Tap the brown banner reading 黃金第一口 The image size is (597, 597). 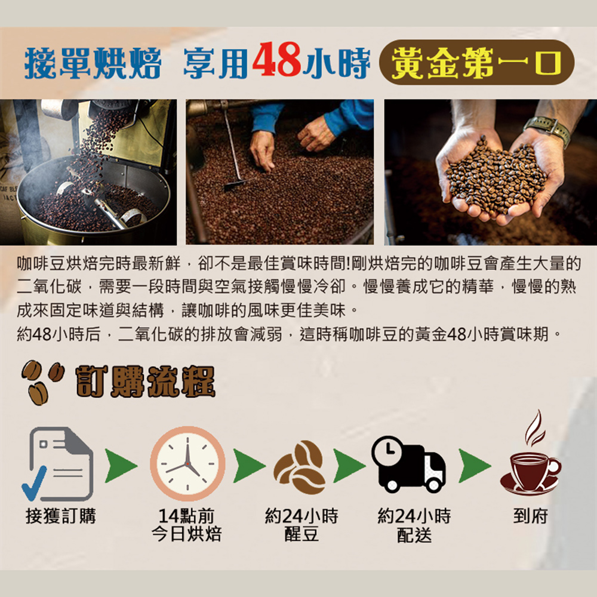476,62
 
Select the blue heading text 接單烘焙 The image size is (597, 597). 93,63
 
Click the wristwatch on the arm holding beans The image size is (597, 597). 547,130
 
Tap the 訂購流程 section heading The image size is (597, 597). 146,382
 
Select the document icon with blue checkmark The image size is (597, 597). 58,464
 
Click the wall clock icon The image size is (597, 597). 187,463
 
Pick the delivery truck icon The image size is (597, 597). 408,464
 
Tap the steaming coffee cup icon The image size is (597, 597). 531,453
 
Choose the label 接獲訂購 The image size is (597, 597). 61,516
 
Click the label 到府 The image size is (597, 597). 531,516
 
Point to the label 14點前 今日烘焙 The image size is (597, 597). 186,525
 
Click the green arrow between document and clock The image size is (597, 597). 121,466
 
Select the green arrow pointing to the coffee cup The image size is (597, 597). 475,466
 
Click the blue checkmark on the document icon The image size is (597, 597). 34,484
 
